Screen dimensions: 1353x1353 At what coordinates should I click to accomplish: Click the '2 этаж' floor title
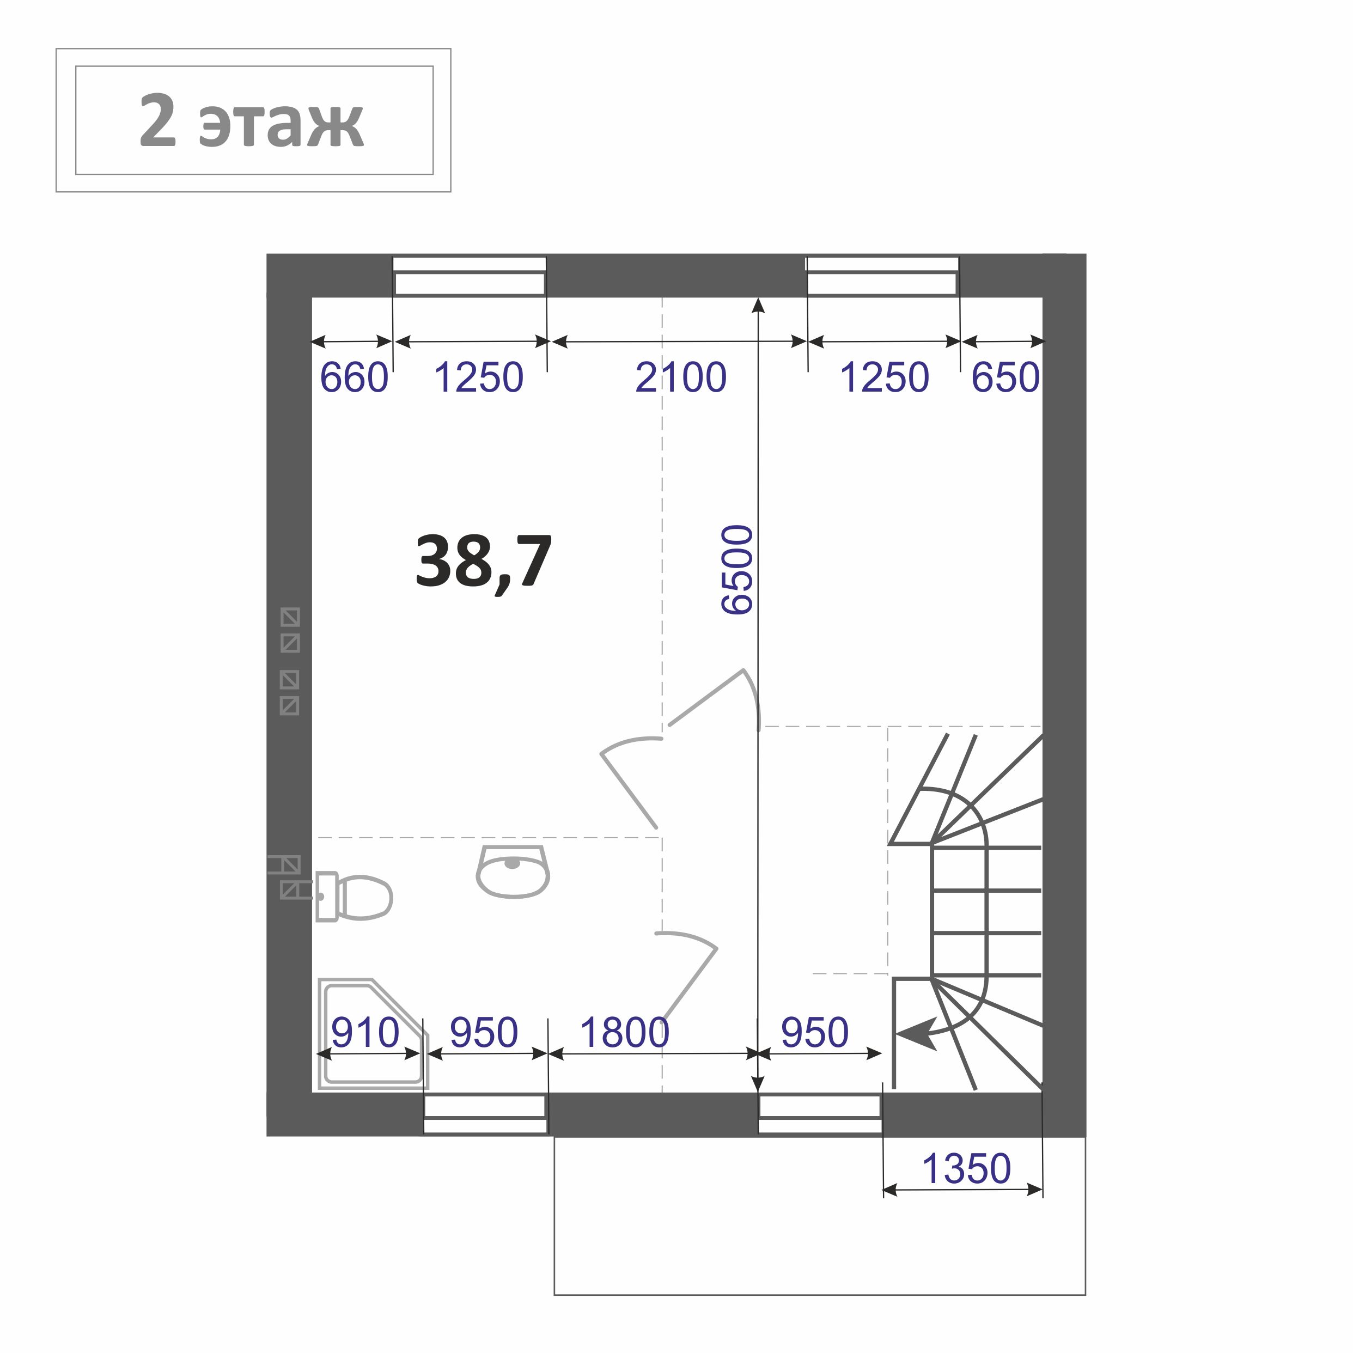pyautogui.click(x=252, y=120)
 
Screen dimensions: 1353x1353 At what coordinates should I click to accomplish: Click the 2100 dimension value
pyautogui.click(x=681, y=377)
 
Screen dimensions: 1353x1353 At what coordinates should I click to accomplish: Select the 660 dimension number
pyautogui.click(x=354, y=377)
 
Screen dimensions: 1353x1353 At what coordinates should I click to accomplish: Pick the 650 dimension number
pyautogui.click(x=1005, y=377)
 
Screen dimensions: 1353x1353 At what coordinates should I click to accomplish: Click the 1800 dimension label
pyautogui.click(x=625, y=1032)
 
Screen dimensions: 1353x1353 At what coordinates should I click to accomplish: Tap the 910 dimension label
pyautogui.click(x=365, y=1032)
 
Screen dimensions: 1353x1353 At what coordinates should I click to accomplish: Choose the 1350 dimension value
pyautogui.click(x=966, y=1169)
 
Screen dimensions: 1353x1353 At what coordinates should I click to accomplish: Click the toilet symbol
pyautogui.click(x=354, y=897)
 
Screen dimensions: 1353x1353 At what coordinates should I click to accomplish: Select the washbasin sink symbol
pyautogui.click(x=513, y=871)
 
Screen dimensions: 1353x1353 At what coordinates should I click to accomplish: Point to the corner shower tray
pyautogui.click(x=372, y=1034)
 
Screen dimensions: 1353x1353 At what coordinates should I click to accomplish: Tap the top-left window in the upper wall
pyautogui.click(x=469, y=277)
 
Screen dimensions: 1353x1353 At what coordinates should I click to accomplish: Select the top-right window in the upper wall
pyautogui.click(x=882, y=277)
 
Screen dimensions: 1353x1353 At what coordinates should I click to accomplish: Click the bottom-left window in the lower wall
pyautogui.click(x=485, y=1114)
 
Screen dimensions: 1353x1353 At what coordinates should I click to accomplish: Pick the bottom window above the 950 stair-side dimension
pyautogui.click(x=820, y=1114)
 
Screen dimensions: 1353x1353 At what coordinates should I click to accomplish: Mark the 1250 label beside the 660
pyautogui.click(x=479, y=377)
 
